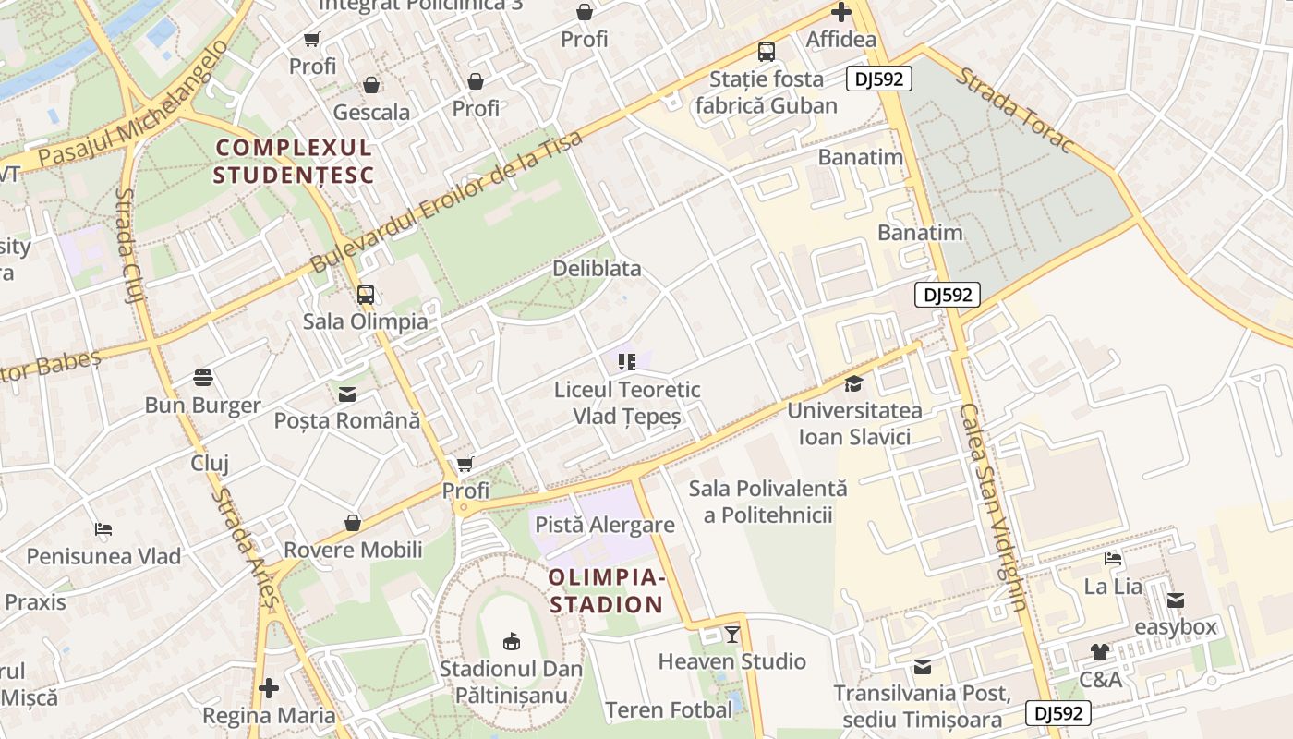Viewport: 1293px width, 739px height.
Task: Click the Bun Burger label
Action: point(203,406)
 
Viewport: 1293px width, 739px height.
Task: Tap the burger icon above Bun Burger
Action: point(203,378)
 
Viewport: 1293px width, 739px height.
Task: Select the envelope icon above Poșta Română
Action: point(347,394)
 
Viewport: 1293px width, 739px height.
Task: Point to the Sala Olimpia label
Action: point(366,321)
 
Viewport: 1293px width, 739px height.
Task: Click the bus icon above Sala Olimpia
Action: point(366,295)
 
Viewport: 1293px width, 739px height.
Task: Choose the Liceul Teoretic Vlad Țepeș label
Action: point(627,403)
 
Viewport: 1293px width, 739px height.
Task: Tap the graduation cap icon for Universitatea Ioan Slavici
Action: point(854,383)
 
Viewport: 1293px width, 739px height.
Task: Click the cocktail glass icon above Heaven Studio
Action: point(732,635)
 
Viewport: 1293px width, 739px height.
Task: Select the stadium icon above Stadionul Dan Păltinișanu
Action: point(511,640)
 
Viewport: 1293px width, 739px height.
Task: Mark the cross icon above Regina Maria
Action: point(269,688)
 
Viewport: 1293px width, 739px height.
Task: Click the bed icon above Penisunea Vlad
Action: point(103,529)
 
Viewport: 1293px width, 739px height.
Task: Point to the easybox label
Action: point(1176,627)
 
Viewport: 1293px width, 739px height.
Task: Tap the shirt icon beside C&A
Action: point(1099,652)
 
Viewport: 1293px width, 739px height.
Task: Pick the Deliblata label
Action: point(597,269)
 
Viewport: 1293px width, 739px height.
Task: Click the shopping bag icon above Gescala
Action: point(371,85)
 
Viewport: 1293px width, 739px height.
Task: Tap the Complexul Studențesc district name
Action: point(294,161)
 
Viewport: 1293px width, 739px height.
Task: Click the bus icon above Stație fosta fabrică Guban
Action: point(767,51)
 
